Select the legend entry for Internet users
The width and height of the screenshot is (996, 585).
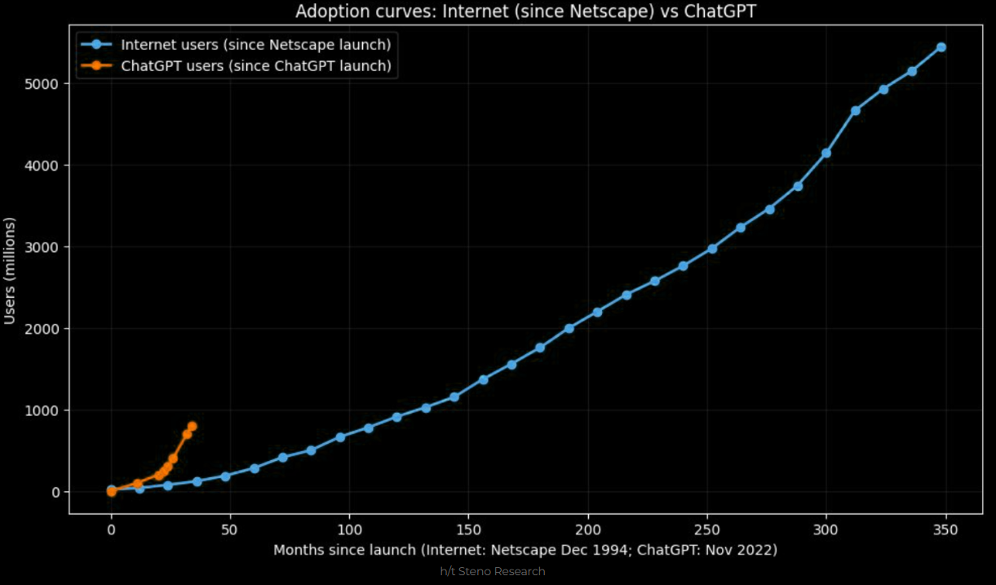(255, 44)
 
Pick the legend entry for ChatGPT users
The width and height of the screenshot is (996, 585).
(255, 65)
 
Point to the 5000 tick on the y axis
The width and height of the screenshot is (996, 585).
(45, 84)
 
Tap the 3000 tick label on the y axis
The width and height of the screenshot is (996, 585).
(45, 247)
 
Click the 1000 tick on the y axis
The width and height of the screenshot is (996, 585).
(45, 410)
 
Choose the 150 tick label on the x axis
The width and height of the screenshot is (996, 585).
(469, 530)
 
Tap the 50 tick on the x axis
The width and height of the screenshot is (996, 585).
(231, 530)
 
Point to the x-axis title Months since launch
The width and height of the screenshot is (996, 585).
(525, 550)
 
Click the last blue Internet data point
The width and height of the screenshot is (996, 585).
(941, 47)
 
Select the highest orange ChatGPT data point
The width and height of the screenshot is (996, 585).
(192, 426)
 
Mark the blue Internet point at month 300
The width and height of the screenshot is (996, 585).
(826, 153)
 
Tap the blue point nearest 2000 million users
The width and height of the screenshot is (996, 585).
(569, 328)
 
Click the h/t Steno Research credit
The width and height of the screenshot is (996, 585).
(493, 572)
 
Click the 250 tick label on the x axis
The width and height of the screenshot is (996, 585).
(707, 530)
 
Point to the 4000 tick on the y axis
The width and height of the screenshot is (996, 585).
(45, 166)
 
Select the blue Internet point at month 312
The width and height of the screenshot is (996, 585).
(856, 110)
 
